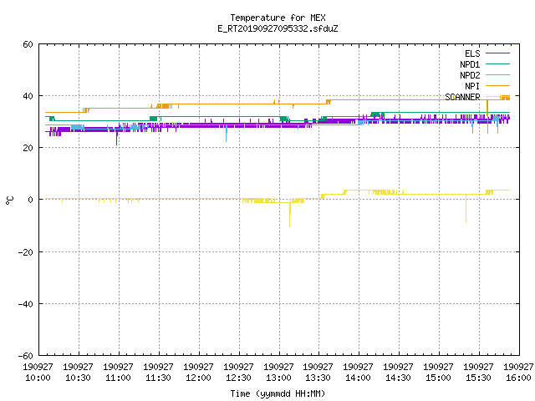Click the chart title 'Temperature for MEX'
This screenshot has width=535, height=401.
click(278, 18)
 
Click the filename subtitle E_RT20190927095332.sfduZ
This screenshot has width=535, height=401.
click(278, 28)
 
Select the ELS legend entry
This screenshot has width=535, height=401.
click(487, 53)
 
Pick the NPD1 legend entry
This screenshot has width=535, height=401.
click(485, 64)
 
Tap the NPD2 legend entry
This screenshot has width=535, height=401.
click(485, 75)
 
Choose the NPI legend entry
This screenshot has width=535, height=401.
click(487, 86)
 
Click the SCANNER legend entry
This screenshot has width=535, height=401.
click(477, 97)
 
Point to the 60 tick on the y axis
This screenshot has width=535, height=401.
click(28, 44)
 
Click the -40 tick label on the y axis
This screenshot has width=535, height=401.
click(26, 304)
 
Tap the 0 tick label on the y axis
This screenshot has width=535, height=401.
click(30, 200)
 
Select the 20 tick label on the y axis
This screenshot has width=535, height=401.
click(28, 148)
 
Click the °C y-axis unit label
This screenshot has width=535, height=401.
click(10, 200)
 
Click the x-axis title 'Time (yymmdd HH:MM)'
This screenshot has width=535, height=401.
click(278, 393)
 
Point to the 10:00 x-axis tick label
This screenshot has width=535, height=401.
click(38, 373)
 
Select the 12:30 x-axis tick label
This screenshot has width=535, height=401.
click(238, 373)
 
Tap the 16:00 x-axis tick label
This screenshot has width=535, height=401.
click(519, 373)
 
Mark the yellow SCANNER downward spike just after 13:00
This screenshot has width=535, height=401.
click(290, 213)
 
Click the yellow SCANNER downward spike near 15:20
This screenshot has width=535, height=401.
click(466, 209)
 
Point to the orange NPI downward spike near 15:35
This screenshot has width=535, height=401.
click(487, 117)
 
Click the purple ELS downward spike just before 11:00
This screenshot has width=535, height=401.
click(117, 137)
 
